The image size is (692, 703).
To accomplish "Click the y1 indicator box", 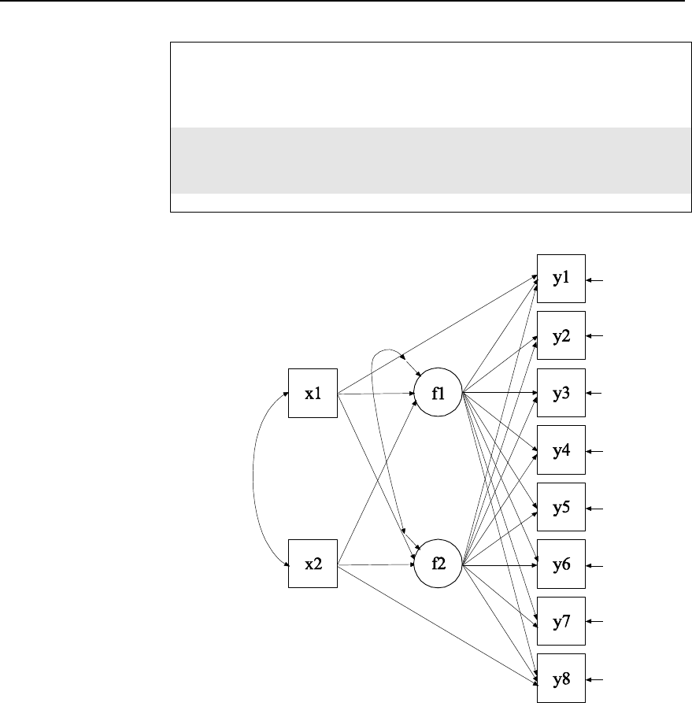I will click(561, 279).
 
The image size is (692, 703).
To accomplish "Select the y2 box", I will click(561, 336).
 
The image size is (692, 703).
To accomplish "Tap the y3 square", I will click(561, 393).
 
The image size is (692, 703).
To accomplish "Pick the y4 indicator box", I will click(561, 451).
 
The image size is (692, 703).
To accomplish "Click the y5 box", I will click(561, 508).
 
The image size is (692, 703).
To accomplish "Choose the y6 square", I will click(561, 564).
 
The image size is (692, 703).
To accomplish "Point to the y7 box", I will click(561, 622).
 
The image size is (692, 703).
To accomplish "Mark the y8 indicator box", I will click(561, 679).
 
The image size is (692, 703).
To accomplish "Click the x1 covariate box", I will click(313, 393).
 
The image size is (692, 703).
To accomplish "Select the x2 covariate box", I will click(313, 564).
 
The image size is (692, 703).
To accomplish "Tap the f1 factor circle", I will click(439, 393).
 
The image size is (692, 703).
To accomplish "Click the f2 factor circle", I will click(439, 564).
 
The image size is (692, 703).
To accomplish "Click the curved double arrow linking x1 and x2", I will click(254, 479).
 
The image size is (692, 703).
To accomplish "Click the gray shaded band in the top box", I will click(425, 160).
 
